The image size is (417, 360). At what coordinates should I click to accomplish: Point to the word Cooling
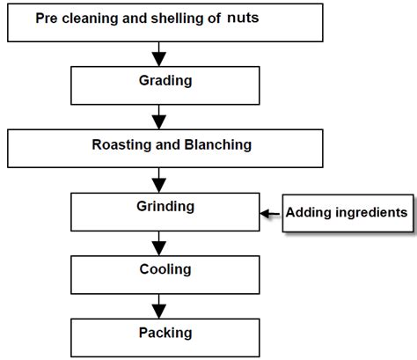pos(159,269)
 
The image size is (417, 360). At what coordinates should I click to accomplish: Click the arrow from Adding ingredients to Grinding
pos(269,212)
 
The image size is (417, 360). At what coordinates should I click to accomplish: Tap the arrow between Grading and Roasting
pos(159,117)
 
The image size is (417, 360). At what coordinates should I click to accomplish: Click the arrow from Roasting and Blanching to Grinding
pos(159,180)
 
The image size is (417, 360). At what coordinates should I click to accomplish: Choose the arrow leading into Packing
pos(159,306)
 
